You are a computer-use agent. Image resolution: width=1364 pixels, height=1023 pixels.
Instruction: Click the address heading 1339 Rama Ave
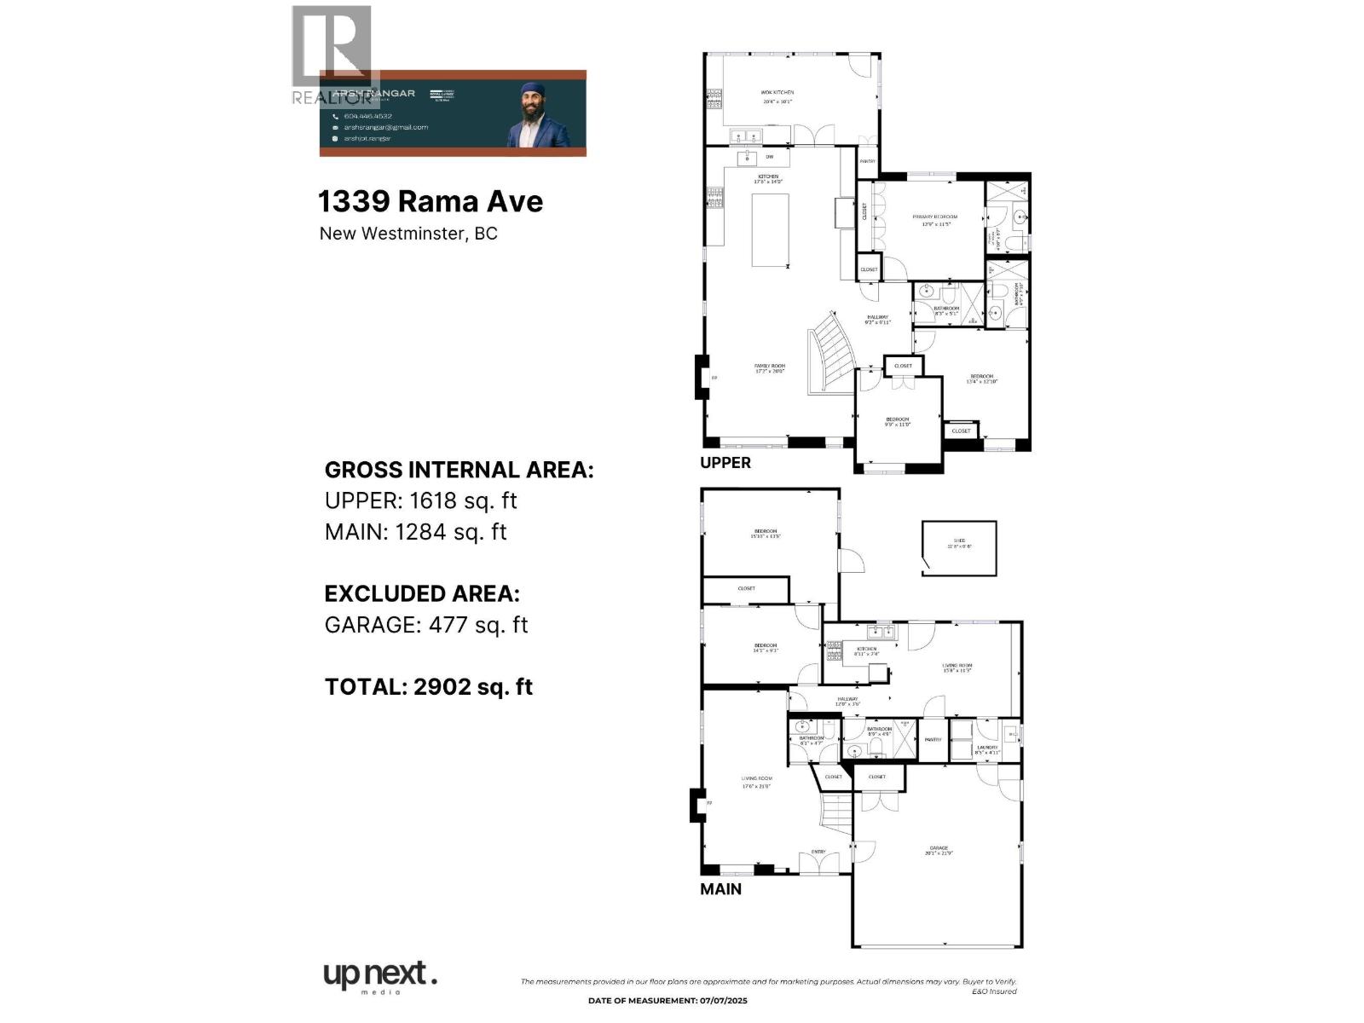click(x=431, y=202)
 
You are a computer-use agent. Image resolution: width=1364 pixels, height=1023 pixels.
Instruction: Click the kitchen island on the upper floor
click(x=770, y=230)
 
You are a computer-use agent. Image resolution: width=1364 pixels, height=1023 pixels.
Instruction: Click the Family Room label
click(x=769, y=368)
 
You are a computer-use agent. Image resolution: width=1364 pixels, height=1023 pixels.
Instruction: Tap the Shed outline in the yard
click(x=959, y=548)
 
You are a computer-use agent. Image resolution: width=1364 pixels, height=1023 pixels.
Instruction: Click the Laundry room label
click(x=987, y=750)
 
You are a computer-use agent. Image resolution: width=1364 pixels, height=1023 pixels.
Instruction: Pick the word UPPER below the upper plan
click(x=725, y=463)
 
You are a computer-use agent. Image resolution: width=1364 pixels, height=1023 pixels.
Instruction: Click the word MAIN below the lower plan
click(x=721, y=889)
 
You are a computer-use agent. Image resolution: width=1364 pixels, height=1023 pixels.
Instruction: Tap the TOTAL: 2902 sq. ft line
click(x=429, y=687)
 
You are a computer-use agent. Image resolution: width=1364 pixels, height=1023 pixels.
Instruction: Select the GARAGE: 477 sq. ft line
click(x=426, y=625)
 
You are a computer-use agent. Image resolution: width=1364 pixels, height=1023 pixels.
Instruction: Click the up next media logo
click(x=380, y=977)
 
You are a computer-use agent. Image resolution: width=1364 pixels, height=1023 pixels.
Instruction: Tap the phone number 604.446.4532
click(x=367, y=116)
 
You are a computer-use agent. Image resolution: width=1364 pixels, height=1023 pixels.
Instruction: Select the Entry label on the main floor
click(x=818, y=852)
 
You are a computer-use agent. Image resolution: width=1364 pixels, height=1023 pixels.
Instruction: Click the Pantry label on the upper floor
click(x=867, y=161)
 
